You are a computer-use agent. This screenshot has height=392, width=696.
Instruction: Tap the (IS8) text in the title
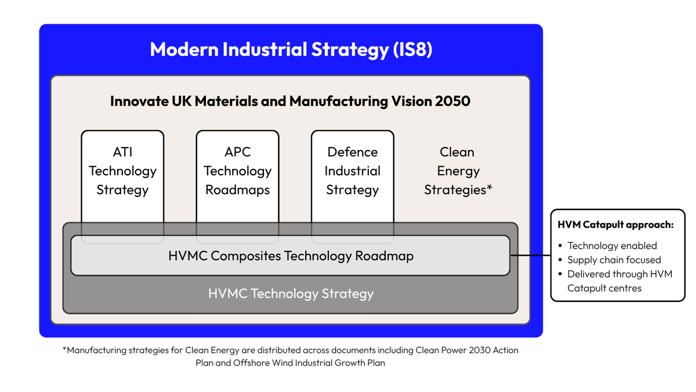(412, 49)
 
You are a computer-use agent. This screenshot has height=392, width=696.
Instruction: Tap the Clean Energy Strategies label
(457, 171)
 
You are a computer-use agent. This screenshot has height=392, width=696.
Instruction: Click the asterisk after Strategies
(490, 188)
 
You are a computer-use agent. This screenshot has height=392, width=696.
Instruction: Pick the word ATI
(122, 152)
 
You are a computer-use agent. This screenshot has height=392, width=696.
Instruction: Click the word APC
(237, 152)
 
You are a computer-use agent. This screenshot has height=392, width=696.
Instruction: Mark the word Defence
(352, 152)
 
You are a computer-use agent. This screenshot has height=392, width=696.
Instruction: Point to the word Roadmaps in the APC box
(237, 190)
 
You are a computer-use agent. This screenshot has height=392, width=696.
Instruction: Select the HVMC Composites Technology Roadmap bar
(290, 256)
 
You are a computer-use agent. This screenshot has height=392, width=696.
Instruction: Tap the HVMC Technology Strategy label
(291, 294)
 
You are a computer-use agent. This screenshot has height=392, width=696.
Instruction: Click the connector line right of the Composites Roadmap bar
(527, 255)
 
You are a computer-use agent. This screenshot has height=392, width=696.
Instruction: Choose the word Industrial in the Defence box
(352, 171)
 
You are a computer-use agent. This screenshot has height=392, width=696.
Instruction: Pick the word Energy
(458, 171)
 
